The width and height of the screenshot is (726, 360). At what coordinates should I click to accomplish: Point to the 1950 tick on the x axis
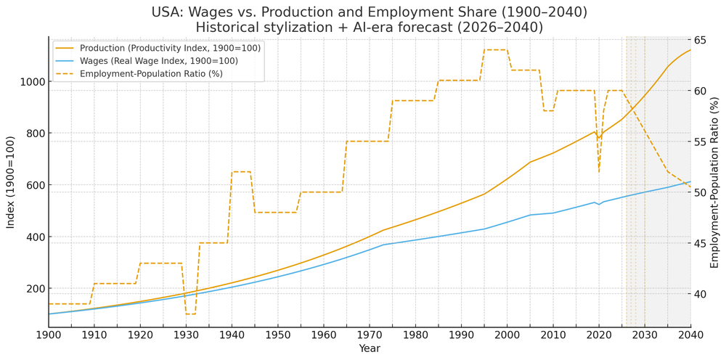pos(277,335)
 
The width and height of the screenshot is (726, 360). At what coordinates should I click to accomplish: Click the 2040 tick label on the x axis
pos(690,335)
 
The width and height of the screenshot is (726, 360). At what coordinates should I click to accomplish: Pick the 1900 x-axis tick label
pos(48,335)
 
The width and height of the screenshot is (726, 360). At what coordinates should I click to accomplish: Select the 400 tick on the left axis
pos(32,237)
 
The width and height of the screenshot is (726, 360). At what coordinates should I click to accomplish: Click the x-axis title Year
pos(369,348)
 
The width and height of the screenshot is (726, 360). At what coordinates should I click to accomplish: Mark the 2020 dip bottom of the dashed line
pos(599,171)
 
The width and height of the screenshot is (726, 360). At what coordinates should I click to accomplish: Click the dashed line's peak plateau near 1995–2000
pos(495,49)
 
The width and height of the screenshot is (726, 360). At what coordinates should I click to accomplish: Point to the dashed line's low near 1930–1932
pos(190,314)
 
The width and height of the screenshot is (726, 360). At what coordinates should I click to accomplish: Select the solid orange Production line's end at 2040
pos(690,49)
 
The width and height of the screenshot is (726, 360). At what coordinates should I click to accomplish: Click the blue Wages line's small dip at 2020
pos(599,205)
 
